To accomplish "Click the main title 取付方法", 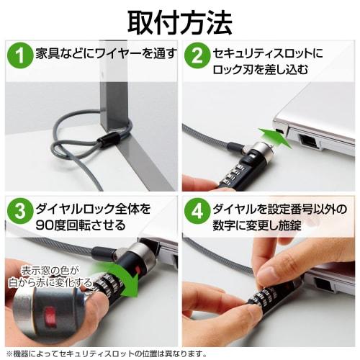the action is (x=180, y=23).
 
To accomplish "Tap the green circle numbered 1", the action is (x=20, y=55).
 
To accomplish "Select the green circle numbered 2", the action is (x=197, y=55).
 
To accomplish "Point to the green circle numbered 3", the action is (x=20, y=211).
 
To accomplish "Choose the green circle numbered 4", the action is (x=197, y=211).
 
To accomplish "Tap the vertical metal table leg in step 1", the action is (x=113, y=86).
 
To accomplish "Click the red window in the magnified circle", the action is (x=50, y=315).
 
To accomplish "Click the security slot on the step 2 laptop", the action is (x=280, y=131).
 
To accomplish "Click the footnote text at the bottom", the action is (x=107, y=354).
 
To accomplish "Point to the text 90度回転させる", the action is (x=81, y=225).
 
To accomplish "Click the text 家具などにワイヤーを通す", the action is (x=107, y=53).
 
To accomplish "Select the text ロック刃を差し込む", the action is (x=261, y=70).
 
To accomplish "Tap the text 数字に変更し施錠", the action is (x=257, y=225).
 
